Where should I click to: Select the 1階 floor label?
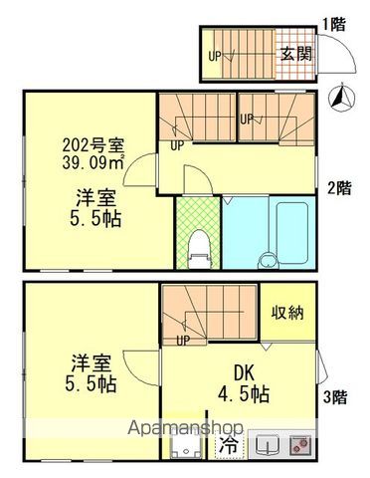coord(334,23)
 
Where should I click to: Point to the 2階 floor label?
coord(339,185)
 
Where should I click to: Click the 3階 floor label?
coord(334,396)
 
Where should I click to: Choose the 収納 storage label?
coord(289,312)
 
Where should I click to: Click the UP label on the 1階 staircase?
coord(214,56)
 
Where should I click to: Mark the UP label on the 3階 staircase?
coord(183,340)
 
